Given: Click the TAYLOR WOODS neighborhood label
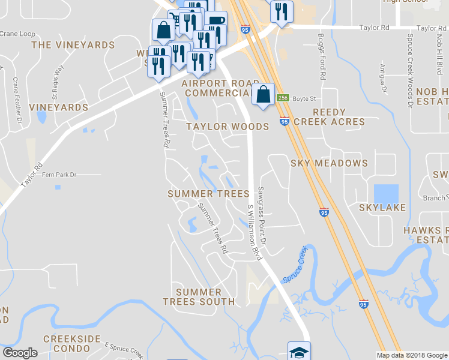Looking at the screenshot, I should pos(228,127).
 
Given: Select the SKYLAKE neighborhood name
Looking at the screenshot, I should pos(382,208).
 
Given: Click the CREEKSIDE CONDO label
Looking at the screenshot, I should pos(71,344).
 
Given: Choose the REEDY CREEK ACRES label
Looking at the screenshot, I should pos(339,117).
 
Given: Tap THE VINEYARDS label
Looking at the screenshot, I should pos(73,45).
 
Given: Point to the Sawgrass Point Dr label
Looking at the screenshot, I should pos(262,215).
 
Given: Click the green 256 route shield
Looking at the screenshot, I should pos(283,98).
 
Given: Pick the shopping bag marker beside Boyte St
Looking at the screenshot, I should pos(263,94).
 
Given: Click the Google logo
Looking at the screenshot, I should pos(20,353).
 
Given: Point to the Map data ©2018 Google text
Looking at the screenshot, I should pos(412,355).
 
